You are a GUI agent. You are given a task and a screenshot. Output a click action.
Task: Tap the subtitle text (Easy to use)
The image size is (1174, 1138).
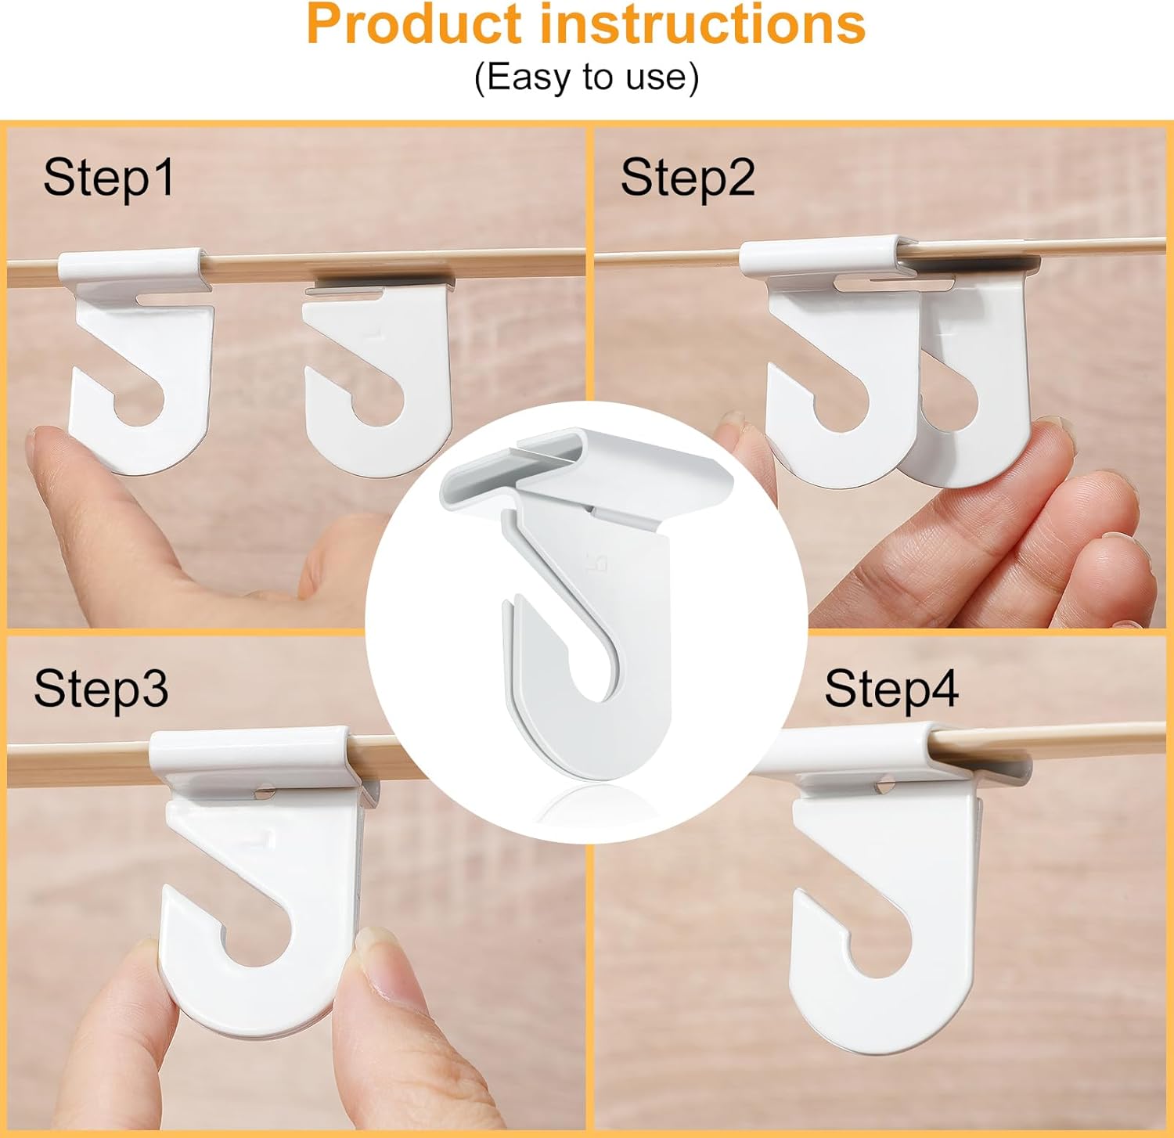point(586,77)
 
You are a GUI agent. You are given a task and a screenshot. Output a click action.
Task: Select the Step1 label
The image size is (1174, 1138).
point(109,178)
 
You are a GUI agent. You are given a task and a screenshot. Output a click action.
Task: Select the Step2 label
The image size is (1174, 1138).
point(687,178)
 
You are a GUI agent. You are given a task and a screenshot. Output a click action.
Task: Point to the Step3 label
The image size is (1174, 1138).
point(101,689)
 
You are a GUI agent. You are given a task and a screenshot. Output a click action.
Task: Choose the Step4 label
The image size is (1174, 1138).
point(891,690)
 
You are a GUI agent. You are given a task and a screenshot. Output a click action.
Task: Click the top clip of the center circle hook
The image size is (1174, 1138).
point(587,470)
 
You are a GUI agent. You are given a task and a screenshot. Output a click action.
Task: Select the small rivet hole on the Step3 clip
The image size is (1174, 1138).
point(264,793)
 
